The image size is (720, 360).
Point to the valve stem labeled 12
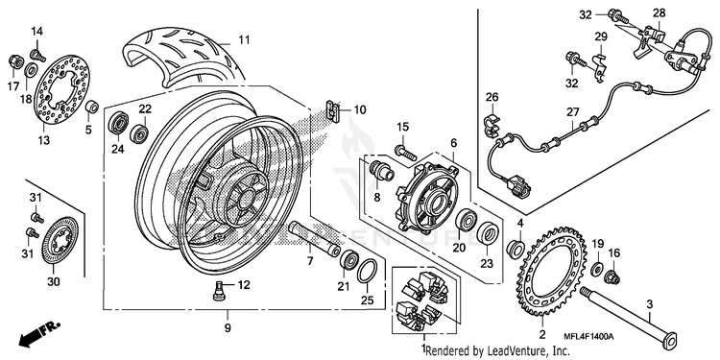[220, 290]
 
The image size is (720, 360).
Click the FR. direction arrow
[39, 333]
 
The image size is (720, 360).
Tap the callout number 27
[572, 112]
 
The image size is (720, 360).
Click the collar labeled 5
[92, 108]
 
